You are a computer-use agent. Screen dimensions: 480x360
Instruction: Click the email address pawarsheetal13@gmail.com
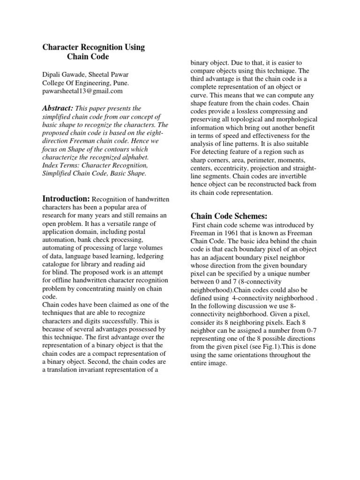click(82, 91)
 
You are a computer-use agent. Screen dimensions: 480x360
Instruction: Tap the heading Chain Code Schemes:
click(228, 216)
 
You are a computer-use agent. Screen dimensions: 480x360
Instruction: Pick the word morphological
click(293, 119)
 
